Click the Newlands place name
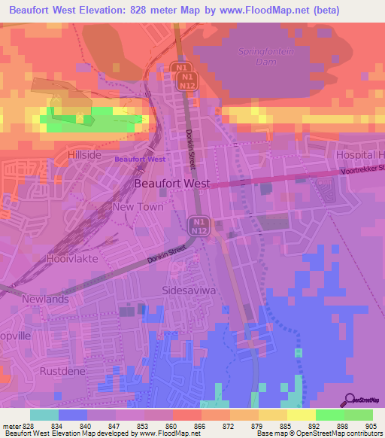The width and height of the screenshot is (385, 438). tap(45, 299)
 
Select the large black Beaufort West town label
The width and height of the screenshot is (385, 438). tap(172, 183)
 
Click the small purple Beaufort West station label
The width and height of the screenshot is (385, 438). tap(140, 160)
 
